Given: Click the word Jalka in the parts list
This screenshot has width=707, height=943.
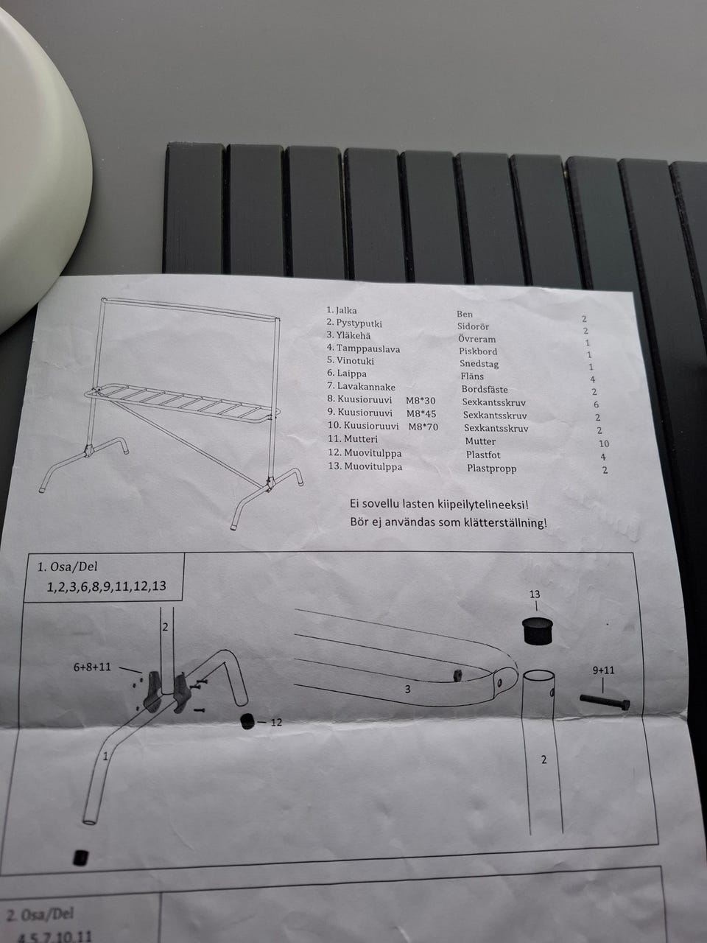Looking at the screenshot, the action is pyautogui.click(x=346, y=310).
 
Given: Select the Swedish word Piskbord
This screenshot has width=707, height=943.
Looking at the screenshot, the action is pyautogui.click(x=478, y=351).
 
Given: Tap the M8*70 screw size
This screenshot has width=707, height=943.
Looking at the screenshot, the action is pyautogui.click(x=423, y=427).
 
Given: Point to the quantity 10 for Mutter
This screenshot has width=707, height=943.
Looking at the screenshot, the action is pyautogui.click(x=604, y=444).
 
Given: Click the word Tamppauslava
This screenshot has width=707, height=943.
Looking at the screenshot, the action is pyautogui.click(x=368, y=349).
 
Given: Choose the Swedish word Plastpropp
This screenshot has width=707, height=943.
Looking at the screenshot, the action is pyautogui.click(x=491, y=469).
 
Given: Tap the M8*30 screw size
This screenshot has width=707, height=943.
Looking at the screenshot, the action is pyautogui.click(x=421, y=401).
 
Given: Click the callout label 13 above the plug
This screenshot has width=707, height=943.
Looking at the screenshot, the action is pyautogui.click(x=535, y=594).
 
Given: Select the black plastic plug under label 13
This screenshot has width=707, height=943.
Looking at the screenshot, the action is pyautogui.click(x=538, y=631).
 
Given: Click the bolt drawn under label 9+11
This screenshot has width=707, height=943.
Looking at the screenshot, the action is pyautogui.click(x=605, y=701).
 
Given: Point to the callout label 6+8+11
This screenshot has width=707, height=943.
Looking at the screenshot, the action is pyautogui.click(x=92, y=667).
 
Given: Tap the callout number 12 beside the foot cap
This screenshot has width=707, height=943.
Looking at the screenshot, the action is pyautogui.click(x=276, y=723).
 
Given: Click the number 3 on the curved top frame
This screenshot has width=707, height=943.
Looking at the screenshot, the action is pyautogui.click(x=407, y=690).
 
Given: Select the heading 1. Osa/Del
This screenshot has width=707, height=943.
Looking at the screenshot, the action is pyautogui.click(x=68, y=567).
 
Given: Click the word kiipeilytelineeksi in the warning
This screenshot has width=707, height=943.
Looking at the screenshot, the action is pyautogui.click(x=482, y=504).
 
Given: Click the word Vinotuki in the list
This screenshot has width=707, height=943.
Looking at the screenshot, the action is pyautogui.click(x=355, y=361).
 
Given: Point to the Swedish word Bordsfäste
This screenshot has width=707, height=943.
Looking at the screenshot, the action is pyautogui.click(x=485, y=390).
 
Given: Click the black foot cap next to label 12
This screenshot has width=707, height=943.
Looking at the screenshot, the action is pyautogui.click(x=247, y=722).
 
